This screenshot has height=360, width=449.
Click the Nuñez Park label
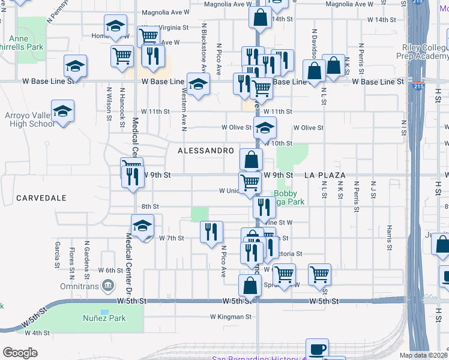[x=104, y=318]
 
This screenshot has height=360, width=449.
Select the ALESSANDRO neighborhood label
[x=205, y=151]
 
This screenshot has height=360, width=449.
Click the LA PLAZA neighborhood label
[x=325, y=175]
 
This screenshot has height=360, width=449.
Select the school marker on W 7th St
[x=143, y=226]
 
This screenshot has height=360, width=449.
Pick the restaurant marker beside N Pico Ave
[x=211, y=232]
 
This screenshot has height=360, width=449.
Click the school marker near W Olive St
[x=265, y=127]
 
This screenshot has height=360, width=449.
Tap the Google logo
[x=20, y=352]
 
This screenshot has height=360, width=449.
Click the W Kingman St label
[x=229, y=316]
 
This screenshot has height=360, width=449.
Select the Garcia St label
[x=57, y=254]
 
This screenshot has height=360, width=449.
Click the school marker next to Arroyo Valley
[x=62, y=111]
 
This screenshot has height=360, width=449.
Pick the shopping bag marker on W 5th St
[x=250, y=285]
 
